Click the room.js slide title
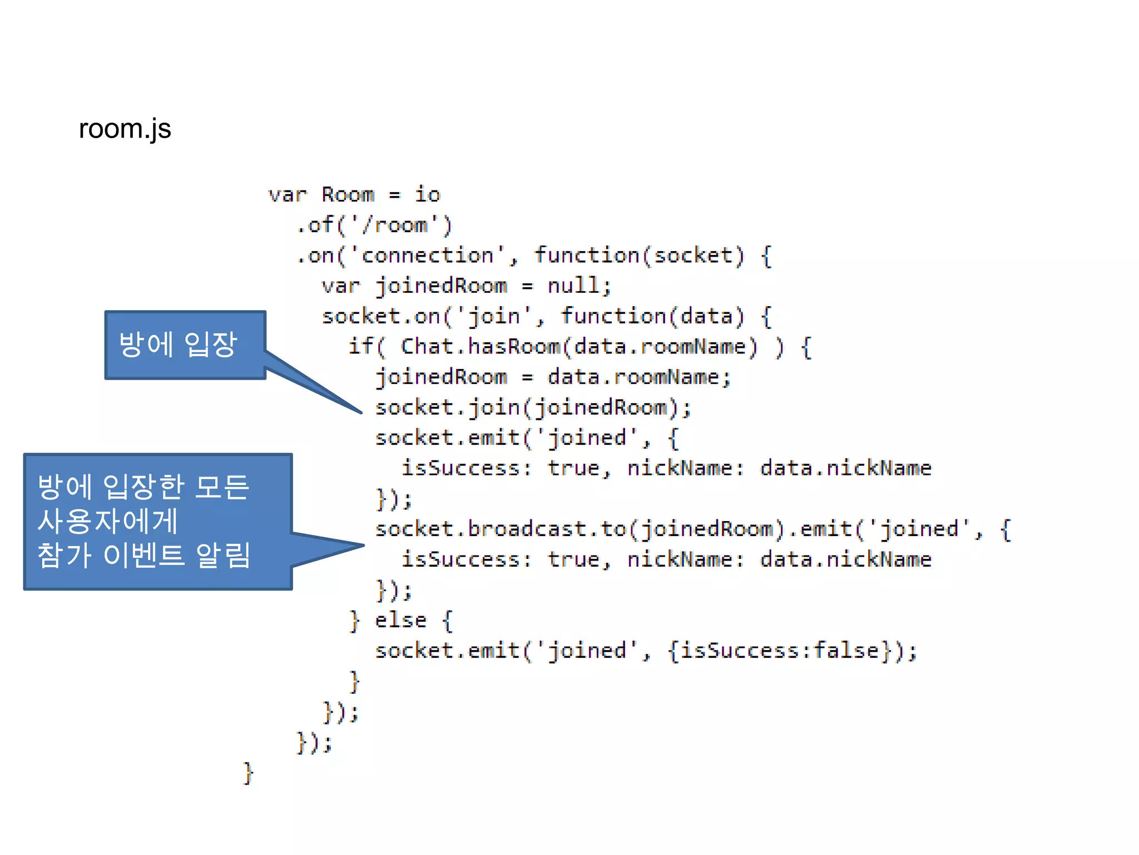tap(125, 129)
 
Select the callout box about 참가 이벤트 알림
tap(157, 522)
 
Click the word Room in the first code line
tap(348, 195)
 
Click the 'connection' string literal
tap(427, 255)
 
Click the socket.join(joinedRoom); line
tap(533, 407)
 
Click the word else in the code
tap(400, 620)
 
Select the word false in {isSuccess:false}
tap(846, 651)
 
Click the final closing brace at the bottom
tap(248, 773)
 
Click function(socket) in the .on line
tap(639, 255)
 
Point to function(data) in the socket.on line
tap(652, 316)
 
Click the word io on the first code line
tap(427, 195)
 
